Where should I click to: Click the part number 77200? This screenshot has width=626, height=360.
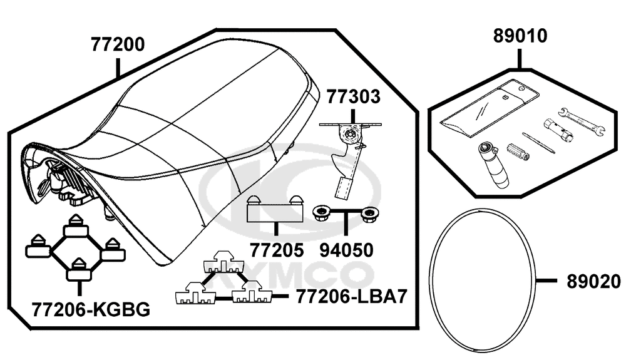click(118, 44)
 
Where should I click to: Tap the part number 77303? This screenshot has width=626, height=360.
click(354, 97)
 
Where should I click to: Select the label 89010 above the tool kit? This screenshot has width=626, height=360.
click(520, 36)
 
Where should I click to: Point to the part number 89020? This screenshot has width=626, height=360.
click(593, 282)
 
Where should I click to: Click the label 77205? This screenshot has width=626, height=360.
click(277, 250)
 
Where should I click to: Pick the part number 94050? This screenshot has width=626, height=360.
click(347, 250)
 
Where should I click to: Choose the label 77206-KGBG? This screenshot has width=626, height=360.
click(91, 309)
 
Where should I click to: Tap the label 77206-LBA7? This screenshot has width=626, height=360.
click(351, 297)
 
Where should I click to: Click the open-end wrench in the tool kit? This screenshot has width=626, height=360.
click(582, 121)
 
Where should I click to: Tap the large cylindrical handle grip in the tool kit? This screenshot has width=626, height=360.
click(493, 166)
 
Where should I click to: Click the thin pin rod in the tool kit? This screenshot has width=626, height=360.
click(538, 142)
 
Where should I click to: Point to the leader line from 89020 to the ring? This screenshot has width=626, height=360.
click(546, 281)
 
